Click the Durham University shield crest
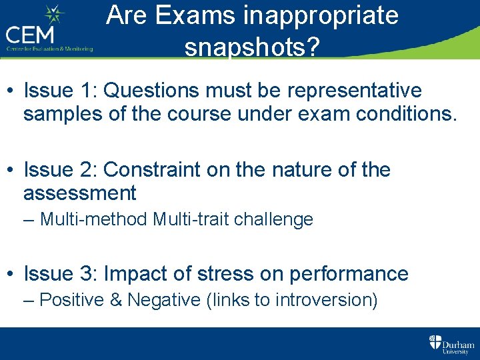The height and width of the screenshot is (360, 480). click(x=435, y=343)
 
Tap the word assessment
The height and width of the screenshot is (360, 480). click(x=79, y=193)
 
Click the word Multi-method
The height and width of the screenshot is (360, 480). click(x=94, y=219)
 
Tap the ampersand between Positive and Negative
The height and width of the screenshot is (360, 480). click(x=116, y=300)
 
